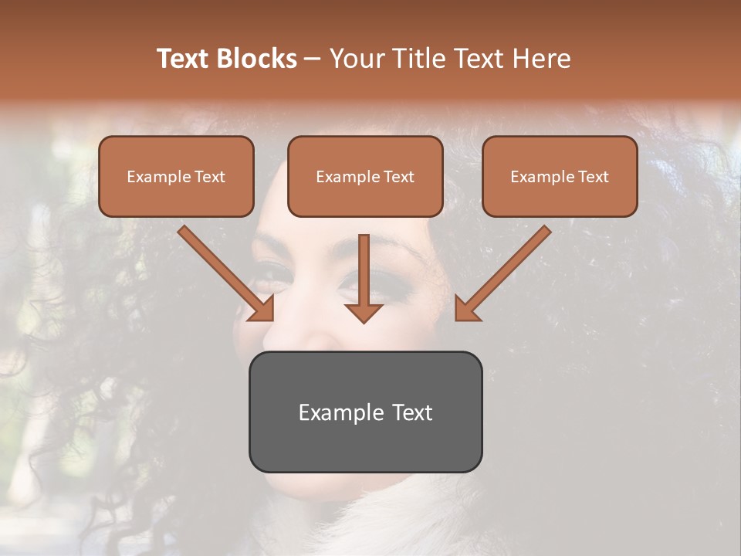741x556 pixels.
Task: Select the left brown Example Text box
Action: tap(176, 177)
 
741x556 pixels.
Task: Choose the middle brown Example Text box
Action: tap(365, 177)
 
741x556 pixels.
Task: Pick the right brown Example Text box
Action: tap(560, 177)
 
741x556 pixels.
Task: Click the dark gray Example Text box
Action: tap(365, 412)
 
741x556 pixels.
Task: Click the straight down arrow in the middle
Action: tap(364, 278)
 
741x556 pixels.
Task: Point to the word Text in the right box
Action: tap(593, 177)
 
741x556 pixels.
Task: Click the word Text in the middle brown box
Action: tap(399, 177)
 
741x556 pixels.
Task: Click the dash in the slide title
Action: tap(313, 59)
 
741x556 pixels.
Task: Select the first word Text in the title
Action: tap(183, 59)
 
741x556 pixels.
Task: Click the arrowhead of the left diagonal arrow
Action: tap(262, 309)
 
